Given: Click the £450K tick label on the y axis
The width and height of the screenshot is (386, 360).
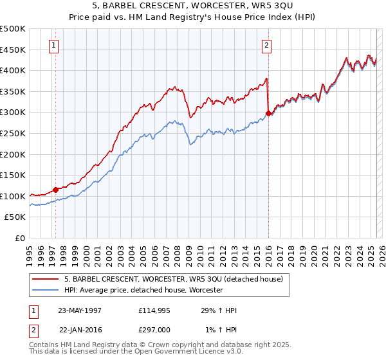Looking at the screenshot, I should tap(13, 50).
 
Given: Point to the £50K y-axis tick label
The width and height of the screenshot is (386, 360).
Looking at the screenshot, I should tap(15, 217).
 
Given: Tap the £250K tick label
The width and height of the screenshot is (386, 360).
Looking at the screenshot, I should tap(13, 134).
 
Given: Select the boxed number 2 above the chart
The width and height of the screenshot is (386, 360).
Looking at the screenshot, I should tap(266, 45).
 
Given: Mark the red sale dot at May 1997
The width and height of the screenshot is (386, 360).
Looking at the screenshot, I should tap(56, 190).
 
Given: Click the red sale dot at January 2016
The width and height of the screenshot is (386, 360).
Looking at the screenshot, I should tap(268, 114).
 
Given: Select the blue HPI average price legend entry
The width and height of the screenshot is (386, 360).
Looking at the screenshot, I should tap(143, 291).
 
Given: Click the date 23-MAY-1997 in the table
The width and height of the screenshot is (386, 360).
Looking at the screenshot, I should tap(80, 310).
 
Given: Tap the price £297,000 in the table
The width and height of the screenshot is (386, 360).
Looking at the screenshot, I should tap(154, 329).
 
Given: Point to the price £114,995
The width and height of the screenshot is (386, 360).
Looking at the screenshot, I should tap(154, 310).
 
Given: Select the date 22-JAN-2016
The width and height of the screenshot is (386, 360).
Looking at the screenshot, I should tap(80, 329).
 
